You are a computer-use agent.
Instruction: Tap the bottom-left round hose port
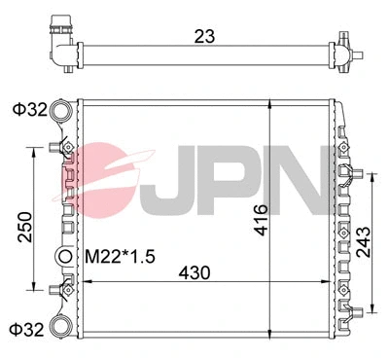62,327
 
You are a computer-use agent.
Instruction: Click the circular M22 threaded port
66,257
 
